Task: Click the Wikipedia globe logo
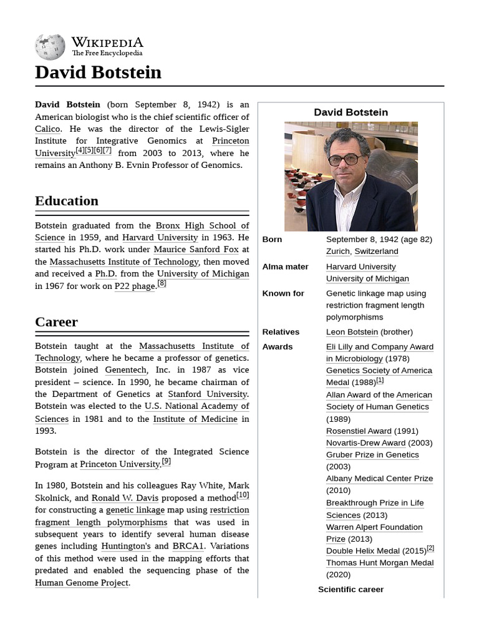[50, 47]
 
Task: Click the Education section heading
[67, 201]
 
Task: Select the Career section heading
[56, 322]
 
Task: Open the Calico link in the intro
[47, 129]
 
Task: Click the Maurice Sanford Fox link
[196, 250]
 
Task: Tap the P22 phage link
[134, 286]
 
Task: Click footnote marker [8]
[162, 283]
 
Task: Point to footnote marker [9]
[166, 462]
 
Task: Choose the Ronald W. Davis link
[125, 498]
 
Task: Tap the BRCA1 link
[188, 546]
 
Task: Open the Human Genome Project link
[82, 583]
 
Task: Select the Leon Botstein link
[352, 332]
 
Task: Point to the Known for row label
[283, 293]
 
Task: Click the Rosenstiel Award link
[359, 431]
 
